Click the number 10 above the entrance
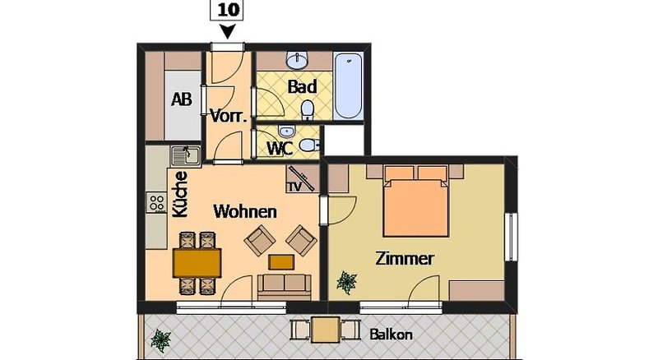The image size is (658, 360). (229, 10)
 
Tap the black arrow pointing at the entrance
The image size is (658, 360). (228, 32)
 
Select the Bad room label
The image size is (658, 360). (302, 87)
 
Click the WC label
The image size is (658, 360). (280, 149)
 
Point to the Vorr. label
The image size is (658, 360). (228, 116)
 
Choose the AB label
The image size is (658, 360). (181, 99)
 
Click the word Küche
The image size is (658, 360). (180, 194)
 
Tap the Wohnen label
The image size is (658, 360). (245, 211)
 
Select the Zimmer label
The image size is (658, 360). (404, 258)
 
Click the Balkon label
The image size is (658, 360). (391, 335)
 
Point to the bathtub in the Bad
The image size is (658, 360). (348, 85)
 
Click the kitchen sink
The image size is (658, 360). (186, 156)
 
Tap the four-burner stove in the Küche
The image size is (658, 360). (156, 203)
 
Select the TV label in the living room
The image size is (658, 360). (294, 187)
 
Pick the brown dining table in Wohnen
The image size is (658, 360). (197, 263)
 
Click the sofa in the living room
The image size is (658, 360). (284, 288)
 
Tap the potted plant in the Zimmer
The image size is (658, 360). (346, 282)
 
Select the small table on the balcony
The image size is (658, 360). (326, 330)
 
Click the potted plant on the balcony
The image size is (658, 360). (160, 340)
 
